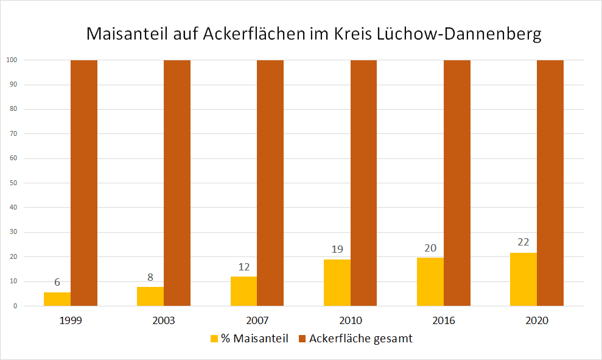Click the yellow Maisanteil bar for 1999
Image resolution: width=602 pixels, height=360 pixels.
(x=57, y=299)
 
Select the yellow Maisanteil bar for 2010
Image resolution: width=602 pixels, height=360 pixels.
(x=337, y=283)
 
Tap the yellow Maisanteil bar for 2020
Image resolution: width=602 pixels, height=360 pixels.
(x=523, y=279)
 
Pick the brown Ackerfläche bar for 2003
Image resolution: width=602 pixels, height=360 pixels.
(x=177, y=183)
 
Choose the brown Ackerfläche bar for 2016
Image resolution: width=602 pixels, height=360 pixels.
(x=457, y=183)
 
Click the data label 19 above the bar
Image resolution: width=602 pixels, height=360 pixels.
(x=337, y=249)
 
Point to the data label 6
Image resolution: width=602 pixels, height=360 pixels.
(x=57, y=282)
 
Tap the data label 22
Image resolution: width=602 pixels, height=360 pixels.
(x=523, y=242)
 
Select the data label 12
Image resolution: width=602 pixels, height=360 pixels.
(x=243, y=266)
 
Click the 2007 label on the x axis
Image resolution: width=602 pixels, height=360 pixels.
(x=257, y=320)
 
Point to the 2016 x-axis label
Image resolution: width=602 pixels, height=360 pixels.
(x=444, y=320)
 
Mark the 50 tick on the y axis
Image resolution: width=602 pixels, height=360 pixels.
(x=12, y=183)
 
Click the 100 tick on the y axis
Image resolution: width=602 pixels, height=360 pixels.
(x=12, y=60)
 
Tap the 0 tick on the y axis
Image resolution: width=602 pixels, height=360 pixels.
(x=14, y=306)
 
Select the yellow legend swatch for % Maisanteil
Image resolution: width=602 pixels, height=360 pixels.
(x=214, y=339)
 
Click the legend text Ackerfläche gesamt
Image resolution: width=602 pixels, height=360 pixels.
(x=360, y=339)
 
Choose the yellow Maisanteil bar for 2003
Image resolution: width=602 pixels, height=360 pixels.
(x=150, y=296)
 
